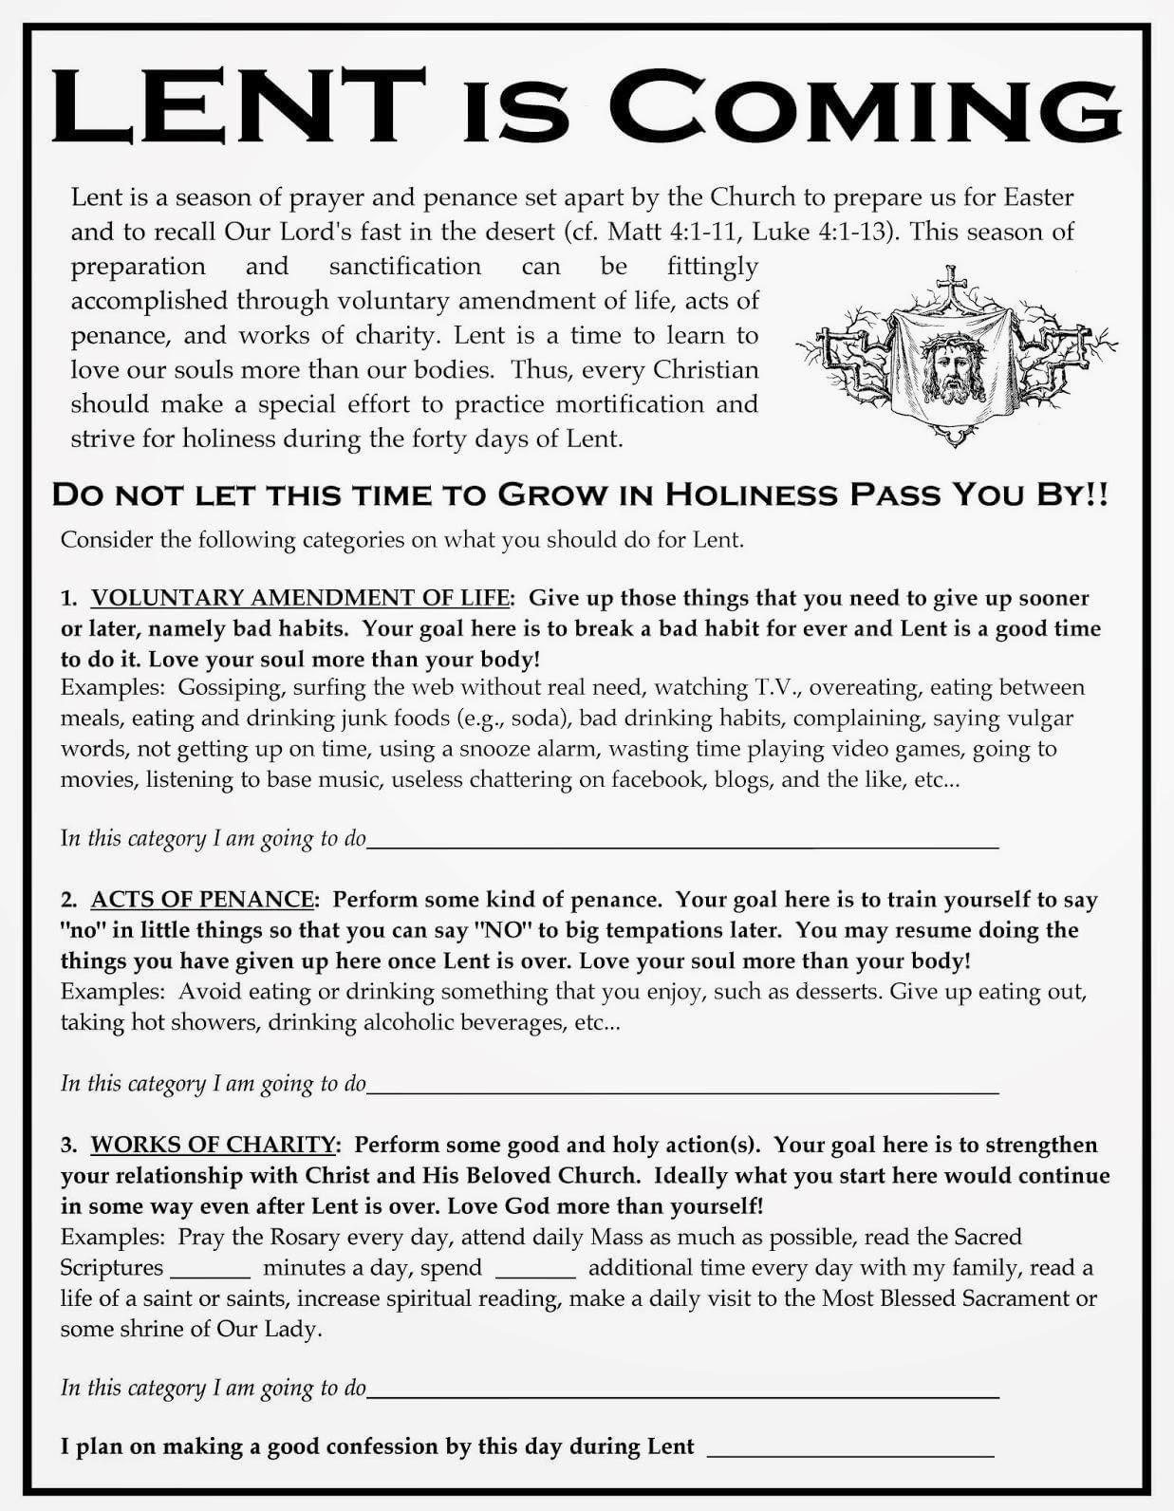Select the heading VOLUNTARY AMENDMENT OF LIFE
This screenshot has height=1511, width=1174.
[300, 598]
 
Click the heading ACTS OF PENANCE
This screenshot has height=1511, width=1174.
[202, 900]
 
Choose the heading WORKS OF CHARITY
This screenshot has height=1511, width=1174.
[214, 1145]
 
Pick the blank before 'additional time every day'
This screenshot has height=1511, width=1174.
[535, 1274]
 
